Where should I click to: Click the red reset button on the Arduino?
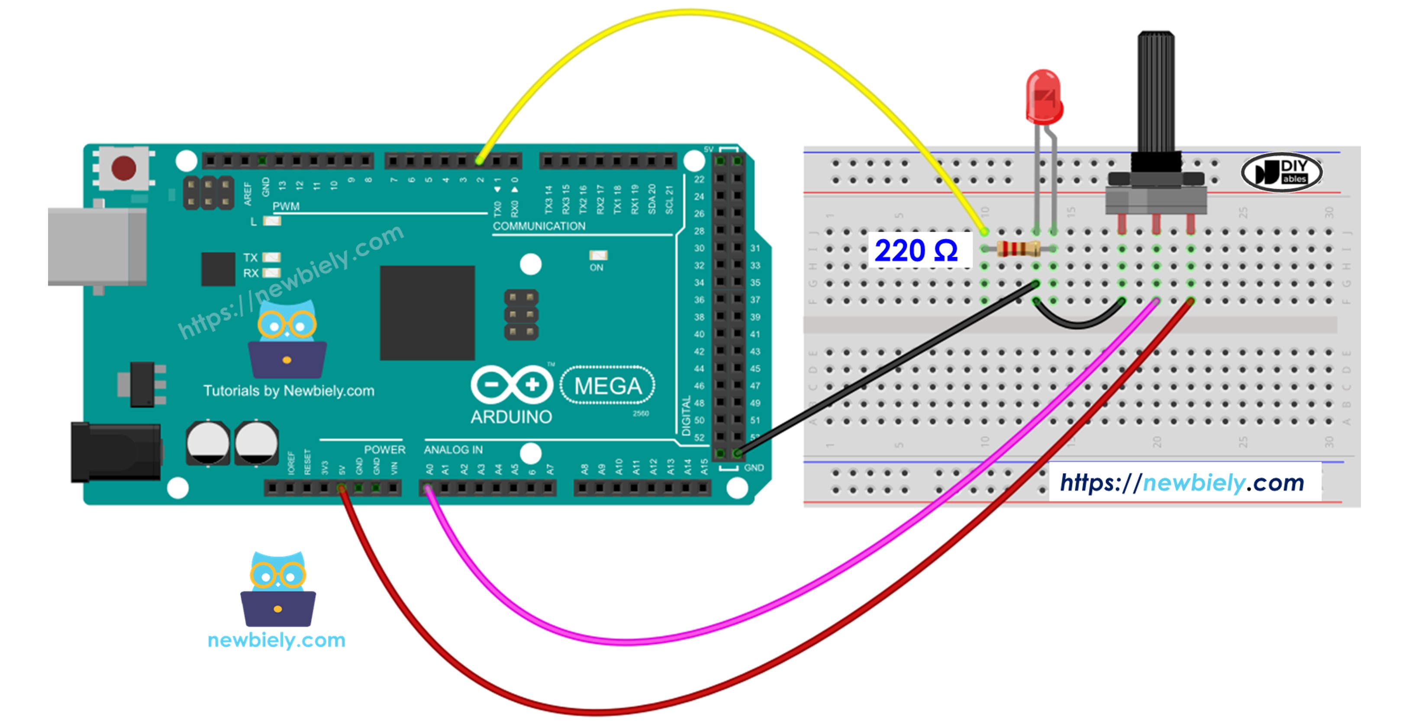(124, 168)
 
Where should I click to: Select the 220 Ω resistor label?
(916, 251)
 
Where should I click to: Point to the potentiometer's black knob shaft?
(1156, 93)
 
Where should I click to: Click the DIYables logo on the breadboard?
(1282, 172)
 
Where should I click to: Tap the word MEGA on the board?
(608, 386)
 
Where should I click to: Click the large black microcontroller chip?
(427, 313)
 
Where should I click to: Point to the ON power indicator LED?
(598, 255)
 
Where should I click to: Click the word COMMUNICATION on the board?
(539, 226)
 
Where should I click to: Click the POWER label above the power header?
(384, 450)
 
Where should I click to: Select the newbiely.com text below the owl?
(277, 640)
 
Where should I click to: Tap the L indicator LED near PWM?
(272, 221)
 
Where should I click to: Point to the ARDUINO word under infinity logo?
(511, 417)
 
